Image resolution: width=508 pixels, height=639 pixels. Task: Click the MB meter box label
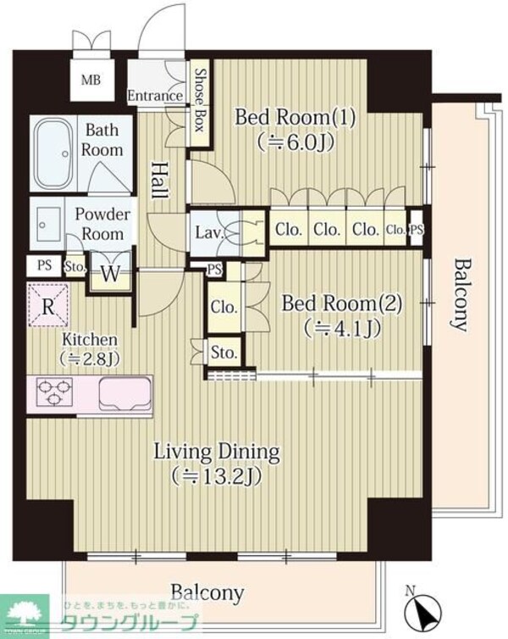click(x=91, y=80)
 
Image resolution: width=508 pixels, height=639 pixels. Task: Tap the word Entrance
click(x=155, y=96)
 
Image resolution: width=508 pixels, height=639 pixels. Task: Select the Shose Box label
click(x=200, y=100)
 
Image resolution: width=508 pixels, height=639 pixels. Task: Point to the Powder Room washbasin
click(x=48, y=224)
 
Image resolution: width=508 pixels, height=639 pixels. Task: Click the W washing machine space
click(x=110, y=274)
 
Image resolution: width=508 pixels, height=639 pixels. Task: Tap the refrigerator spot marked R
click(x=48, y=305)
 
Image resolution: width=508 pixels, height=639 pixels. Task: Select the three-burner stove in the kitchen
click(x=54, y=392)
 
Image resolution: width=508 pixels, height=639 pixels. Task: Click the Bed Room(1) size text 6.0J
click(x=295, y=142)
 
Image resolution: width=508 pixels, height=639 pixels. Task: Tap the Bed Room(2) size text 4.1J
click(x=342, y=329)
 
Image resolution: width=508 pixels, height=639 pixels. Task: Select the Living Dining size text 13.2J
click(x=216, y=476)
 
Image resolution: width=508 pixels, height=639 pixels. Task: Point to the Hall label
click(x=160, y=181)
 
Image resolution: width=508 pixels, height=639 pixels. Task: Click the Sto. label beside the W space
click(x=75, y=267)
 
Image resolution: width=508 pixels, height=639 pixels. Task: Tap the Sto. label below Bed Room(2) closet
click(x=224, y=353)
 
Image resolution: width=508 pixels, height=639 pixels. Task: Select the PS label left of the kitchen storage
click(x=45, y=265)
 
